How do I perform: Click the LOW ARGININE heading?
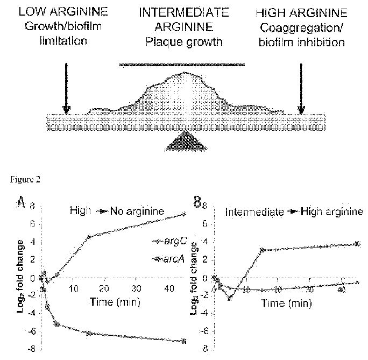pyautogui.click(x=63, y=11)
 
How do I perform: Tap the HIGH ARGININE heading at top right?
pyautogui.click(x=302, y=13)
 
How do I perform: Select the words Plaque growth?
pyautogui.click(x=184, y=42)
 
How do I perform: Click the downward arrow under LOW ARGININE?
pyautogui.click(x=66, y=88)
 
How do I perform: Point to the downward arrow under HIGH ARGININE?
pyautogui.click(x=301, y=88)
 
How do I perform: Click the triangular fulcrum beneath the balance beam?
pyautogui.click(x=186, y=142)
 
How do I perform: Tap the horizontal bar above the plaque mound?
pyautogui.click(x=182, y=65)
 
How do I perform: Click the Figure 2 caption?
pyautogui.click(x=25, y=180)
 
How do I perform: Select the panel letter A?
pyautogui.click(x=21, y=202)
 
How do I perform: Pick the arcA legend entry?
pyautogui.click(x=168, y=259)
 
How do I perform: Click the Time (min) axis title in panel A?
pyautogui.click(x=115, y=302)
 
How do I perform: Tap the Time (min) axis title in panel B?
pyautogui.click(x=287, y=303)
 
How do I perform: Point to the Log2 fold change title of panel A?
pyautogui.click(x=20, y=276)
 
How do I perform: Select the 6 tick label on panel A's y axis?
pyautogui.click(x=32, y=224)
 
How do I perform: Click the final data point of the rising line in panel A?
pyautogui.click(x=184, y=214)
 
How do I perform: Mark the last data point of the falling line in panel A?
pyautogui.click(x=184, y=341)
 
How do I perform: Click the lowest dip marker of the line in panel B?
pyautogui.click(x=230, y=298)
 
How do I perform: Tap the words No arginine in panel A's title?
pyautogui.click(x=137, y=211)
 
